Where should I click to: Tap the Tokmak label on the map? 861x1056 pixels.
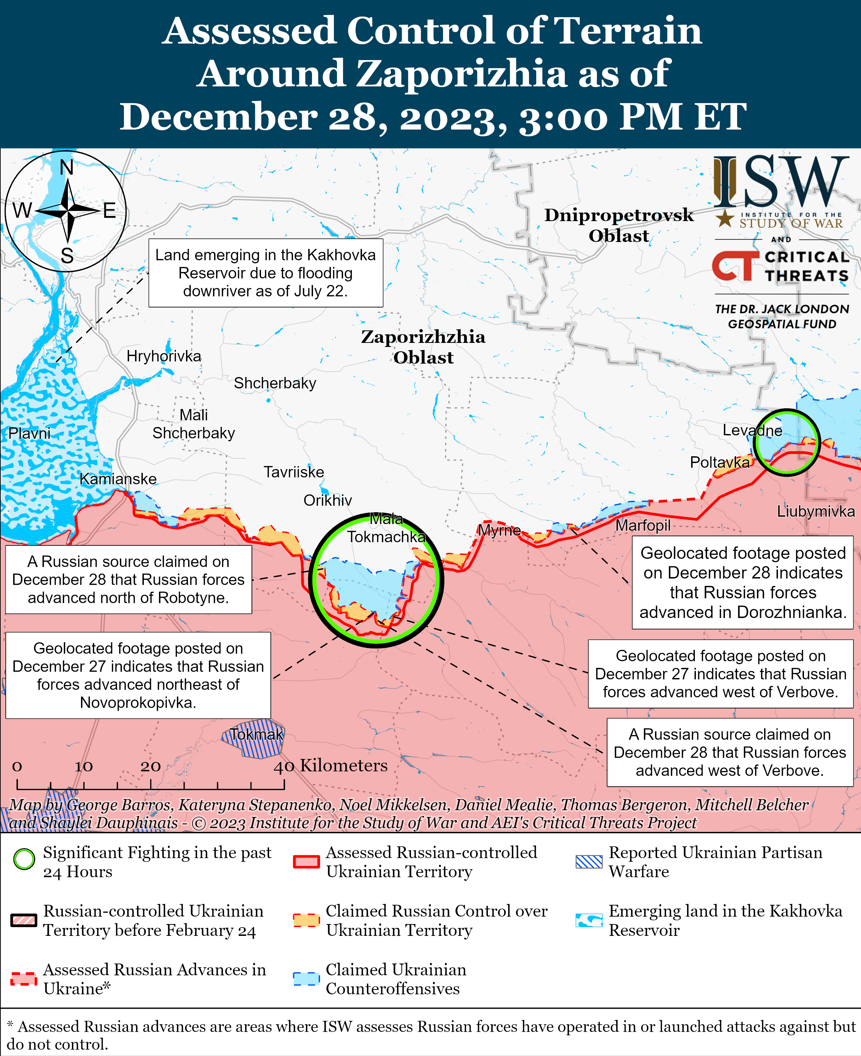(x=256, y=734)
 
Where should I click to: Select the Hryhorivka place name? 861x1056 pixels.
(x=164, y=356)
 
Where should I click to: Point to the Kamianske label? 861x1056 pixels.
(x=118, y=479)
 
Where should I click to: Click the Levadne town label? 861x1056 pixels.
(x=752, y=430)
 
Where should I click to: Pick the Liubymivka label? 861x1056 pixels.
(x=815, y=511)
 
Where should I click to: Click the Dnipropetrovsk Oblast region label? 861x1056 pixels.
(x=619, y=225)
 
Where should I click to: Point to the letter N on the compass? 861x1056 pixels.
(x=67, y=168)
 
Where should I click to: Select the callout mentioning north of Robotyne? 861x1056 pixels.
(x=128, y=579)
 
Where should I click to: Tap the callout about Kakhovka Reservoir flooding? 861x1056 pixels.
(x=265, y=273)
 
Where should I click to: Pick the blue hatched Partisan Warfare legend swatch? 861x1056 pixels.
(x=589, y=862)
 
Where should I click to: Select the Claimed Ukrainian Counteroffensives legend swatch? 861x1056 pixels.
(x=306, y=978)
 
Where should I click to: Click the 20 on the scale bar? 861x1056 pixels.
(x=150, y=766)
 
